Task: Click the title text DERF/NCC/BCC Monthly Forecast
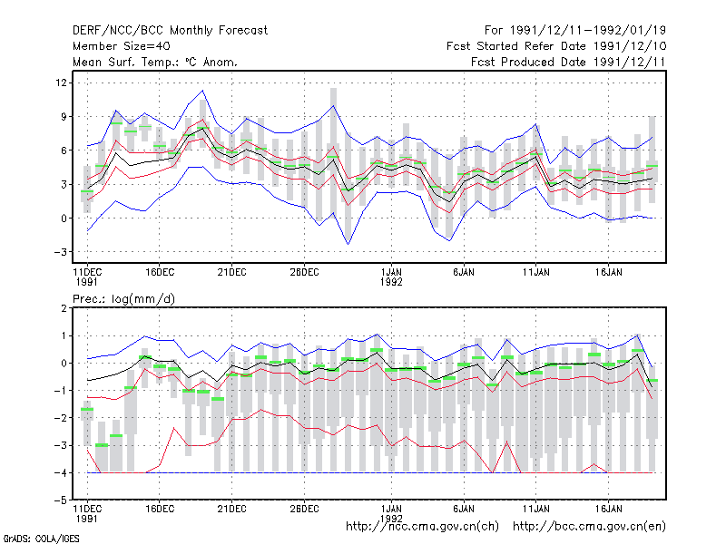[x=170, y=31]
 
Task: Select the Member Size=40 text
[x=122, y=46]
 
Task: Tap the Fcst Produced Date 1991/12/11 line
[x=568, y=62]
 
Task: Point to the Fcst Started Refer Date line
[x=556, y=46]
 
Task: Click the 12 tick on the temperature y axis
[x=61, y=83]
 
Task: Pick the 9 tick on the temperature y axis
[x=64, y=117]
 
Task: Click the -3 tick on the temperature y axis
[x=61, y=252]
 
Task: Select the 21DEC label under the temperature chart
[x=231, y=273]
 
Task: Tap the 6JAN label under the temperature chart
[x=464, y=273]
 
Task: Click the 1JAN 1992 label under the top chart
[x=391, y=277]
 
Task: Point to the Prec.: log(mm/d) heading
[x=123, y=299]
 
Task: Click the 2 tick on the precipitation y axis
[x=64, y=308]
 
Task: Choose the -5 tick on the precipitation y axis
[x=61, y=500]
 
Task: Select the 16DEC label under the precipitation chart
[x=160, y=509]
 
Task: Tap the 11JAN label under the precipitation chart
[x=535, y=509]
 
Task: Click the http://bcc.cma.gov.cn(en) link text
[x=589, y=527]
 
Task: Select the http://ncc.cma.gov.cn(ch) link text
[x=422, y=527]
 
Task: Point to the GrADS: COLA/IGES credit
[x=41, y=539]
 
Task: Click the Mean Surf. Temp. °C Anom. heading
[x=155, y=62]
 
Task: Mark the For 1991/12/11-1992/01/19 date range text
[x=575, y=31]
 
